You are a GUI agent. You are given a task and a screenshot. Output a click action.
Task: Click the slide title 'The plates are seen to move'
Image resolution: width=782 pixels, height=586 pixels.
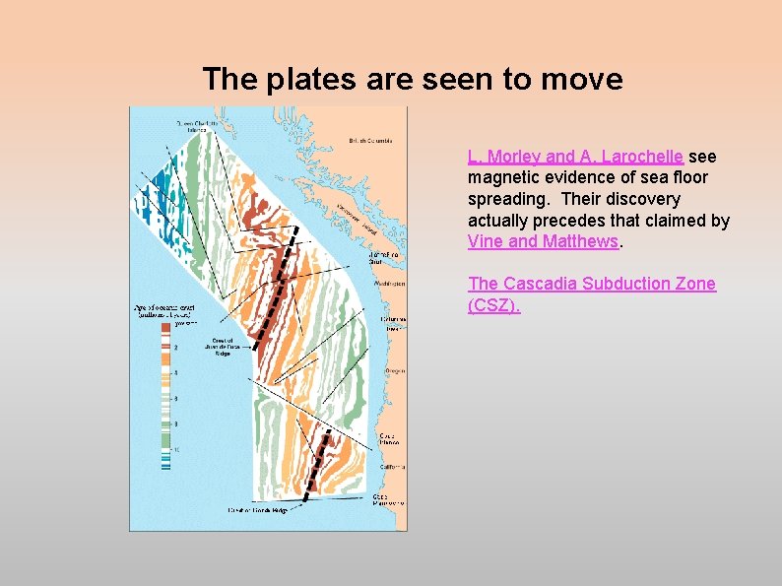tap(412, 79)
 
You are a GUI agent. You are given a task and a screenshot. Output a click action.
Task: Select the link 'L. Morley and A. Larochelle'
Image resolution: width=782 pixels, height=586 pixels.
tap(576, 157)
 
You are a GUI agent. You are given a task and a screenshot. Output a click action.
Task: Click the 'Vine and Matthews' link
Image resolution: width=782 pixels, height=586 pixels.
tap(543, 240)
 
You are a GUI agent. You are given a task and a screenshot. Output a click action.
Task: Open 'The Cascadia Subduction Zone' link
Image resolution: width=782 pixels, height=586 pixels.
tap(591, 284)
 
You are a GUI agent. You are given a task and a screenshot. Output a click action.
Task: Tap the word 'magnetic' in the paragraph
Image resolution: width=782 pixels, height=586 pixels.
tap(502, 177)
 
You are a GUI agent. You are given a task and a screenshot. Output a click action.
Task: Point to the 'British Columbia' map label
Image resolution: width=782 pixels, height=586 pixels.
tap(370, 141)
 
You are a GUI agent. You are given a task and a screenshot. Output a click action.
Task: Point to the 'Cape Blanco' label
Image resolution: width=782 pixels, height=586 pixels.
tap(387, 437)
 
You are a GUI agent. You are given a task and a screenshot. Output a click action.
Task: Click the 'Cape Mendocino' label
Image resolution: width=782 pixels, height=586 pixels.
tap(387, 499)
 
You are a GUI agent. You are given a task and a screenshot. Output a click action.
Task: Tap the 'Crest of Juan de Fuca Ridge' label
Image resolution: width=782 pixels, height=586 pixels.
tap(217, 346)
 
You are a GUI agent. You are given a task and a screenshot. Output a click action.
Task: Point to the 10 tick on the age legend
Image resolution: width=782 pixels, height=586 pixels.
tap(176, 449)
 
